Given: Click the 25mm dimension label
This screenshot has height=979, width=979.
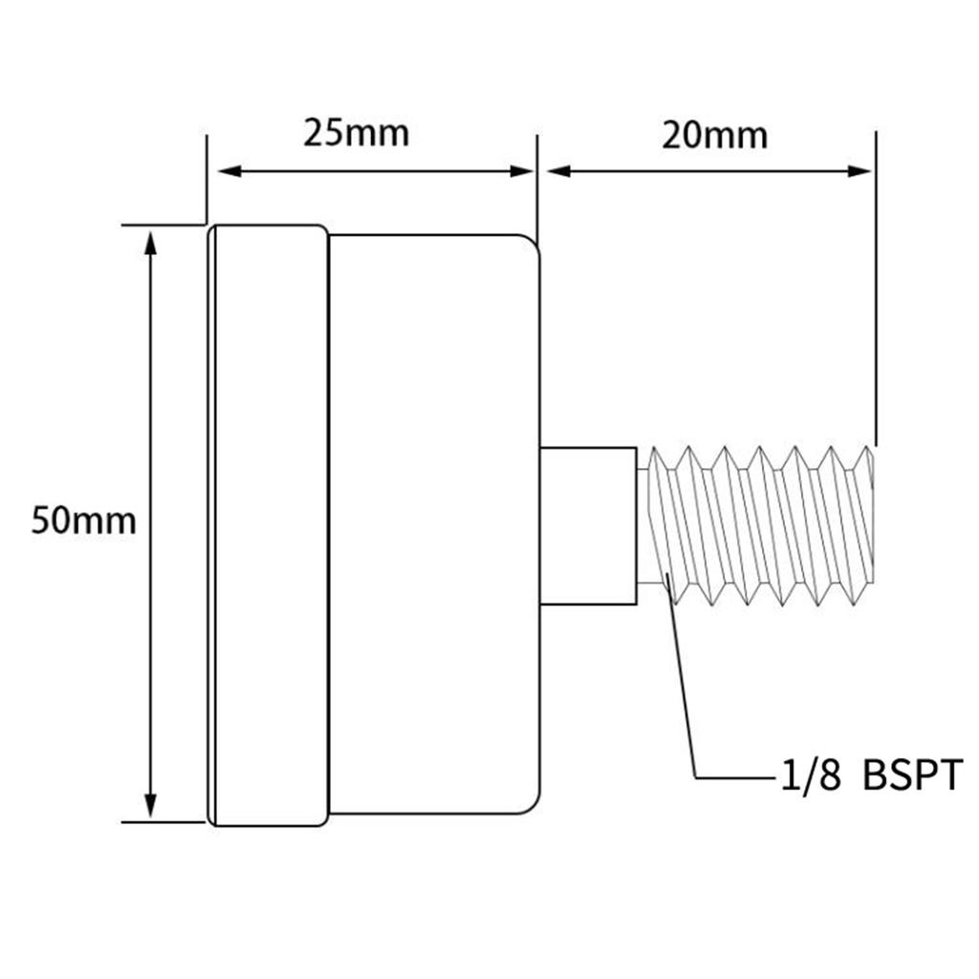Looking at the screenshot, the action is click(x=356, y=134).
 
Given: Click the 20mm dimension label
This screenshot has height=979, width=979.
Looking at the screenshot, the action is click(x=714, y=136).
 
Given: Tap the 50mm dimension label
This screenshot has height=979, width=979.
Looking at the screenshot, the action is click(x=84, y=521).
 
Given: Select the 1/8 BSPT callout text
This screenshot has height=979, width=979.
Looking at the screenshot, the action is click(x=872, y=775).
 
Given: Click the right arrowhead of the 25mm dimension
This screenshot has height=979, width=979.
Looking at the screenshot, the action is click(x=521, y=171).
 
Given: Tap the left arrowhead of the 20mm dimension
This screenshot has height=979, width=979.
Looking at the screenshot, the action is click(x=558, y=171).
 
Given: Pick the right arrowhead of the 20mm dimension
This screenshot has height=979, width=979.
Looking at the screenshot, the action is click(x=859, y=171).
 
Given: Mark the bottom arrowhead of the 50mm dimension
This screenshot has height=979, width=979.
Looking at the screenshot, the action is click(x=150, y=805).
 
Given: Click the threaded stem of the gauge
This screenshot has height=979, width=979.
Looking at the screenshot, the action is click(x=755, y=526).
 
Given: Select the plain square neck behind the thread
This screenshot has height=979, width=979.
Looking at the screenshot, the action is click(x=588, y=526).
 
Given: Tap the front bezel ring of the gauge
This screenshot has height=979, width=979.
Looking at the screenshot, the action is click(x=268, y=526).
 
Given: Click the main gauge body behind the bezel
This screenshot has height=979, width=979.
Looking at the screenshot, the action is click(x=435, y=525).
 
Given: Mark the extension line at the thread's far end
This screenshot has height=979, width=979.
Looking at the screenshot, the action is click(x=876, y=289).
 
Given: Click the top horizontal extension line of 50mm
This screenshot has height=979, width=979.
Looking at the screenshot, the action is click(x=163, y=225).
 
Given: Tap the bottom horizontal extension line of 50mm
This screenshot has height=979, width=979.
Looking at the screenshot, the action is click(x=163, y=822).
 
